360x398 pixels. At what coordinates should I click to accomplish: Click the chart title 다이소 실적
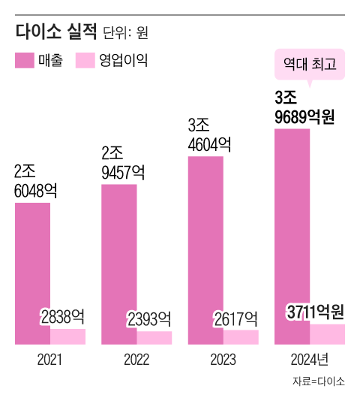pos(56,32)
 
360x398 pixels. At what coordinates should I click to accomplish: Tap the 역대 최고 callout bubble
pos(309,65)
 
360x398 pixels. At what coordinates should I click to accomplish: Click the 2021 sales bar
pos(32,274)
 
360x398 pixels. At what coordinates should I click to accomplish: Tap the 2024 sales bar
pos(292,237)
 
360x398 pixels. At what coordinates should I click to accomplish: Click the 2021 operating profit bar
pos(67,337)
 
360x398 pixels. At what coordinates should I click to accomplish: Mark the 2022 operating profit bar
pos(154,339)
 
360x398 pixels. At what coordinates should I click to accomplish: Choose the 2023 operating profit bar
pos(240,338)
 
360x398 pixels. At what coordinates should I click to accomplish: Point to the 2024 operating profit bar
pos(327,335)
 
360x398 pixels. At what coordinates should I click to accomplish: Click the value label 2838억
pos(62,317)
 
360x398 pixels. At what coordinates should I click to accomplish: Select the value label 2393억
pos(148,318)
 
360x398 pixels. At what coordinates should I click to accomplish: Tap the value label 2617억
pos(235,318)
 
